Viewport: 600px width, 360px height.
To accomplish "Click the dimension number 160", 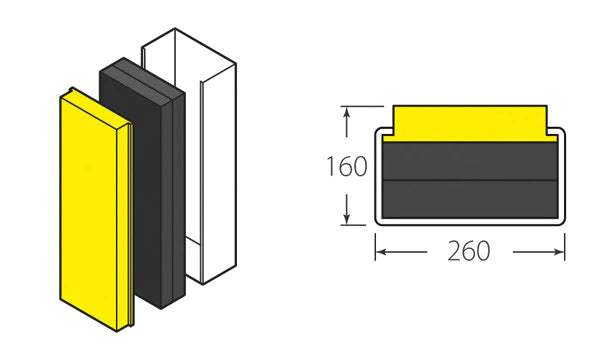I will click(346, 166).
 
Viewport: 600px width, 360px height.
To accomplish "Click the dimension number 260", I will click(469, 250).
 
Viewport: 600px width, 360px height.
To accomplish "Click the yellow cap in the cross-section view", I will click(469, 122).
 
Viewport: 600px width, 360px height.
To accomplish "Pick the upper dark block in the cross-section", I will click(469, 161).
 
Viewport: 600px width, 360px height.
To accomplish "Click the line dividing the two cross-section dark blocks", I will click(469, 179).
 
